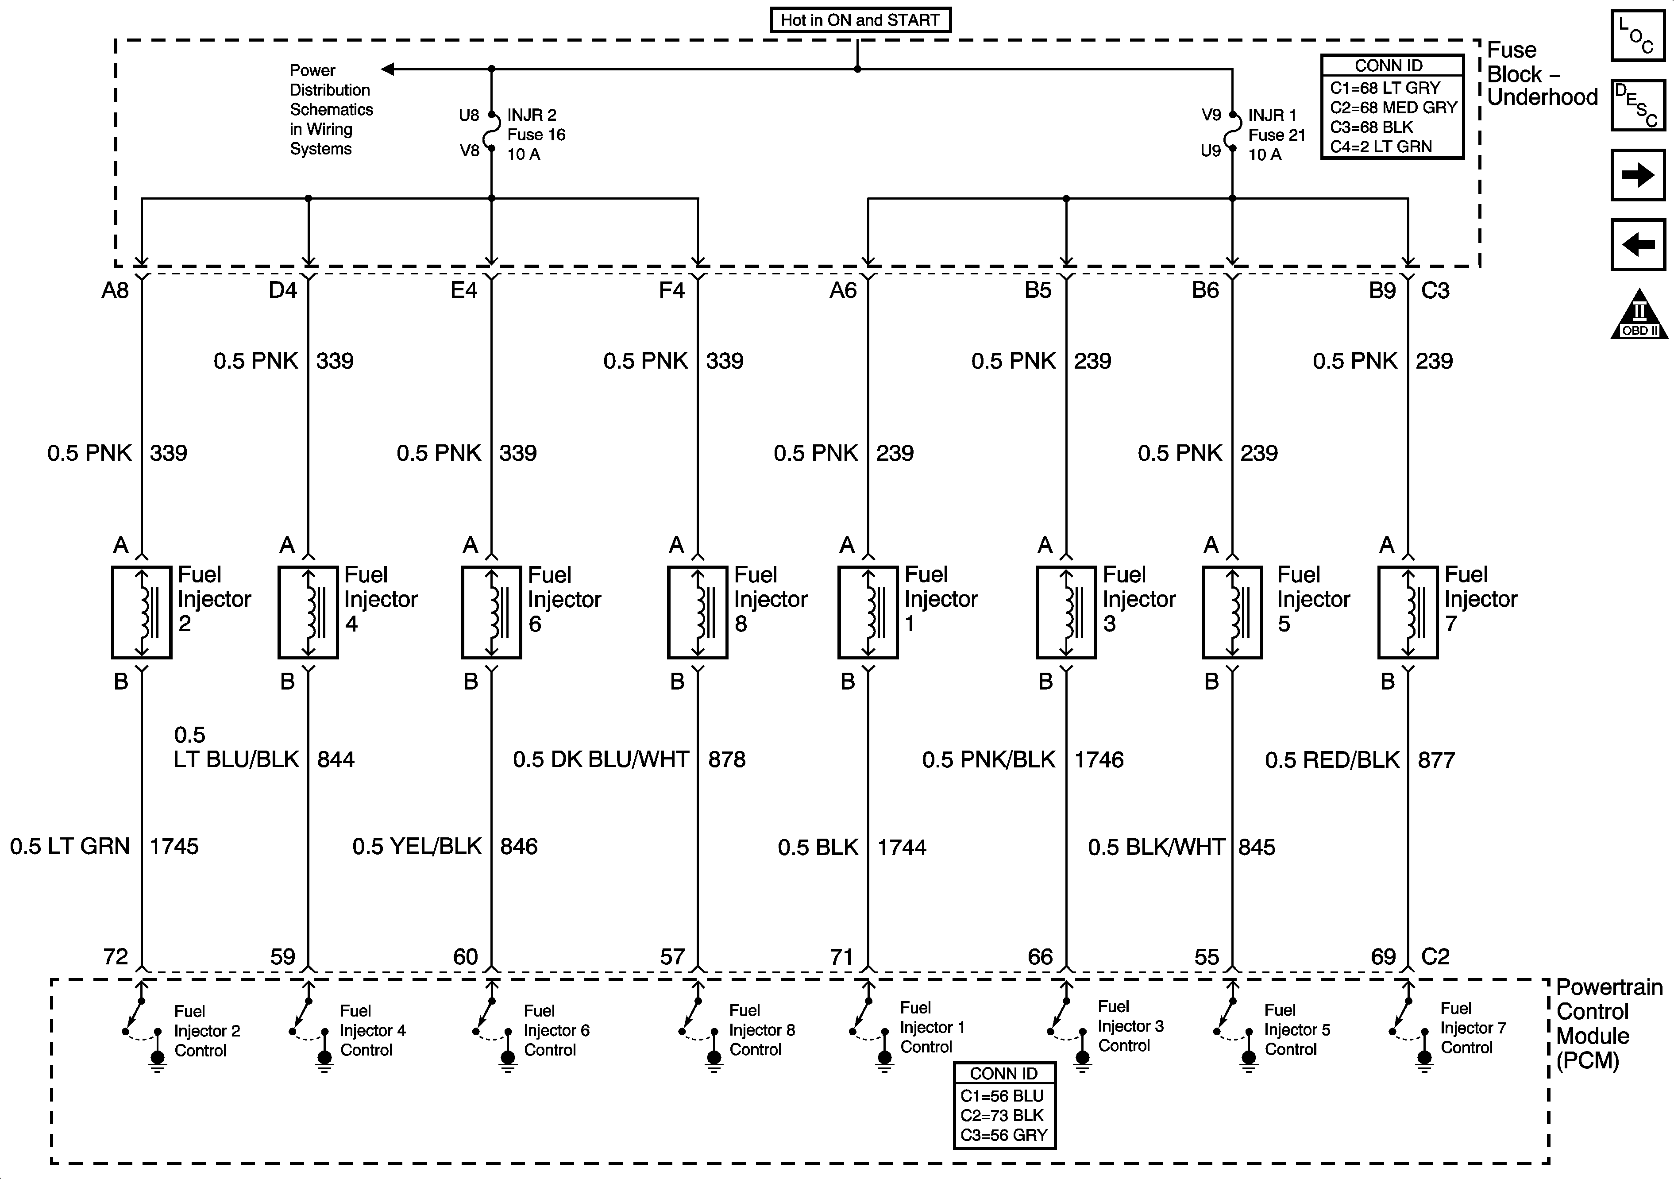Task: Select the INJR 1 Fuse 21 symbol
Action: (1233, 132)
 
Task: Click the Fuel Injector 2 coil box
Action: (142, 613)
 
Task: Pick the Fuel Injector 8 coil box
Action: (698, 613)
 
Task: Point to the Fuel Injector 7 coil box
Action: (1408, 613)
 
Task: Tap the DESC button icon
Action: (1638, 105)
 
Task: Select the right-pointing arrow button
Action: (1638, 175)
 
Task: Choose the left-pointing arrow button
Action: (1638, 244)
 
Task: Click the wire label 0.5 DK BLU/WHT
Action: (601, 760)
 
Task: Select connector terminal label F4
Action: (671, 291)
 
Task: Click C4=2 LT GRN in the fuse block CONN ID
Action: (1381, 146)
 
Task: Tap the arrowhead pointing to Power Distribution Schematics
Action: (388, 69)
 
